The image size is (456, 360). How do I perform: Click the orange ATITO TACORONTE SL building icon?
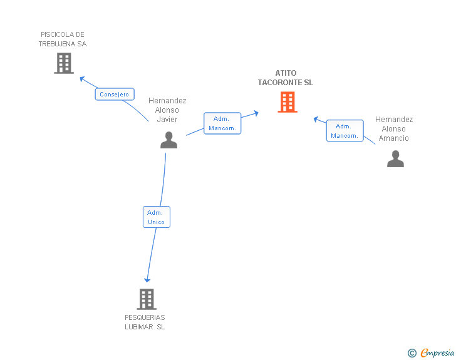288,102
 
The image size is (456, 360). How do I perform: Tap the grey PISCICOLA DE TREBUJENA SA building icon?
64,63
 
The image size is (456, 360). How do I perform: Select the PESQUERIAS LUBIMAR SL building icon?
146,299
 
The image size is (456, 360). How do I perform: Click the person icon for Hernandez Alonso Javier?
168,140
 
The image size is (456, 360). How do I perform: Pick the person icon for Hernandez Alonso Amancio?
395,159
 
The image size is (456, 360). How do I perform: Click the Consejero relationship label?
115,95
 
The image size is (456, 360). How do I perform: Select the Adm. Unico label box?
156,217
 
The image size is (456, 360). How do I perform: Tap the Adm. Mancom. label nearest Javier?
222,123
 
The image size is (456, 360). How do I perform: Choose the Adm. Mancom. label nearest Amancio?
345,131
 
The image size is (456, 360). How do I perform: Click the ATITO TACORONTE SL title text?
286,78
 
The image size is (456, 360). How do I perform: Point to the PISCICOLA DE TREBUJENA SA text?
63,39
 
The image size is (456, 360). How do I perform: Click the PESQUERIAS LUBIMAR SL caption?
145,322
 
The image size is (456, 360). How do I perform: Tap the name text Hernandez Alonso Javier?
167,110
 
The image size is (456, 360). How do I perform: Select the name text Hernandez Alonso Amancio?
394,128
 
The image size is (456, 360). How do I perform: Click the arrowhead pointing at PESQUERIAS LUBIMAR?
148,280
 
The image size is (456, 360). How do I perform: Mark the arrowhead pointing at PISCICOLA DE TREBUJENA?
81,78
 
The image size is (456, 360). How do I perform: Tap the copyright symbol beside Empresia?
412,353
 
